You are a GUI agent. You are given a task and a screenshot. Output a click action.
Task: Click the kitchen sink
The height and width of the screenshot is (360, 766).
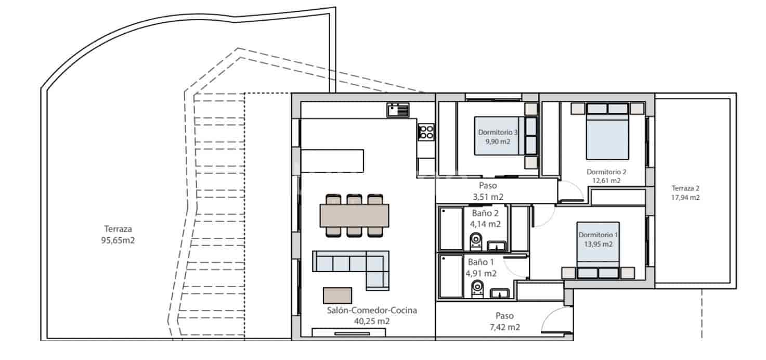(x=398, y=110)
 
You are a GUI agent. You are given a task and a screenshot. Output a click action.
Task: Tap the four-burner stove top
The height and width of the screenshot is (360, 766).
(x=426, y=132)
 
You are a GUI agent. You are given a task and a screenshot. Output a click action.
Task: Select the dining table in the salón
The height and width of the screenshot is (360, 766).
(x=354, y=215)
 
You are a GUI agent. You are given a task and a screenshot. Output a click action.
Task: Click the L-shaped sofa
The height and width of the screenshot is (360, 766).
(x=352, y=265)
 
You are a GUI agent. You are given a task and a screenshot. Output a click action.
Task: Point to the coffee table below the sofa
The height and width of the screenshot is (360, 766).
(x=337, y=295)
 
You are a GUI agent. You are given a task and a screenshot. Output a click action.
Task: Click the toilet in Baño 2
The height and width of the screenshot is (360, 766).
(x=476, y=241)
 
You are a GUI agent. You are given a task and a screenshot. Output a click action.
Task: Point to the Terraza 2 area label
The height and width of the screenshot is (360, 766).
(x=685, y=192)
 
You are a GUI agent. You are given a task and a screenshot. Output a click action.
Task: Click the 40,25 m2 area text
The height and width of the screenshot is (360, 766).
(x=372, y=322)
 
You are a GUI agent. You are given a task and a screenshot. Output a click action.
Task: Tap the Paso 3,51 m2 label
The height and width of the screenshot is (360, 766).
(x=488, y=191)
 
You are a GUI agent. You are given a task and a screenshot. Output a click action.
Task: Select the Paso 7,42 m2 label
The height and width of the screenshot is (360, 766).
(x=504, y=322)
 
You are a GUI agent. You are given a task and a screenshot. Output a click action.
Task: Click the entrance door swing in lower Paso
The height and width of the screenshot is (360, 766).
(x=555, y=320)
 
